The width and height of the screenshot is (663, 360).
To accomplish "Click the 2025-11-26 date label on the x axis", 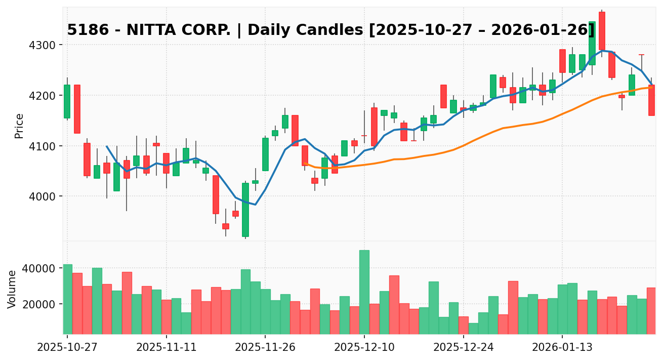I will click(265, 348).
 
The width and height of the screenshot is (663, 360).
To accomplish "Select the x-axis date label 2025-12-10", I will click(364, 348).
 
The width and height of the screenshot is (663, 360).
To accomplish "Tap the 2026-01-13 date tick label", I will click(562, 348).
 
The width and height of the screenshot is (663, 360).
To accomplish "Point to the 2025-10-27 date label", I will click(67, 348).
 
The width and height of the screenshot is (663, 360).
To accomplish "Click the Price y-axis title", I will click(19, 126).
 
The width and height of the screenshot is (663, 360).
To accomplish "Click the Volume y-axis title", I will click(12, 289).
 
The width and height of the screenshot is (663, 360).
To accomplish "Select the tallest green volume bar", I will click(364, 292).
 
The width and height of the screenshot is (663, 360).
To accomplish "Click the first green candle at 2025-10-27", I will click(67, 101).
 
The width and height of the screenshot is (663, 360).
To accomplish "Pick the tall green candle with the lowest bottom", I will click(245, 210).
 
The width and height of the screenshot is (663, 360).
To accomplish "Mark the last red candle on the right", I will click(651, 100).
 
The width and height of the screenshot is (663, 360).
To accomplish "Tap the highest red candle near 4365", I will click(602, 31).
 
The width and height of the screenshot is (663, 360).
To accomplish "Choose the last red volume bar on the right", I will click(651, 310).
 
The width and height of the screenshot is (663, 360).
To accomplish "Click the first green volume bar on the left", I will click(67, 299).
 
